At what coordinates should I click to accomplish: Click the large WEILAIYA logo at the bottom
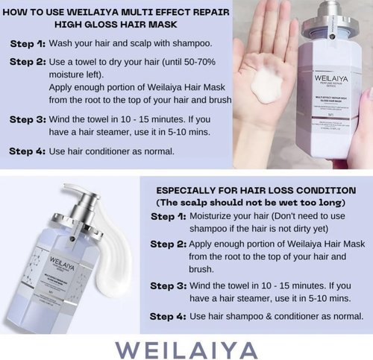(x=186, y=345)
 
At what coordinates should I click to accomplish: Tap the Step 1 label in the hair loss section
(x=169, y=216)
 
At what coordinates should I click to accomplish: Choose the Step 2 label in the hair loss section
(x=169, y=244)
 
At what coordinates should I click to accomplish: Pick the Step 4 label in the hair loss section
(x=169, y=316)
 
